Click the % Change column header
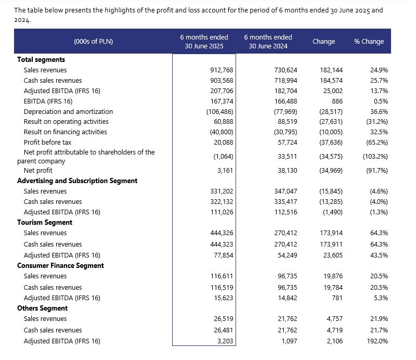coord(369,42)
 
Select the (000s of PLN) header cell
coord(94,42)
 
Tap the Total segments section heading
coord(41,59)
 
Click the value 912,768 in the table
coord(222,70)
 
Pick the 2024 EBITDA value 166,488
coord(285,101)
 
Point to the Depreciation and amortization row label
coord(68,111)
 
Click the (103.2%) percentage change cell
coord(375,157)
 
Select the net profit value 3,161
coord(225,171)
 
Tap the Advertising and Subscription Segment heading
coord(77,181)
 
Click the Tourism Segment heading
coord(45,223)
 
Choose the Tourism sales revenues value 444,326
coord(222,233)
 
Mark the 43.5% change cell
coord(379,255)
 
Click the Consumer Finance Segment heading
coord(60,265)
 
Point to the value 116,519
coord(222,288)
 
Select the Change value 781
coord(337,298)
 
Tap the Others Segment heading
coord(43,308)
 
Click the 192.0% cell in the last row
coord(378,341)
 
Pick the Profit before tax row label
coord(47,143)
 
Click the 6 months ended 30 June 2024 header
coord(268,42)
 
